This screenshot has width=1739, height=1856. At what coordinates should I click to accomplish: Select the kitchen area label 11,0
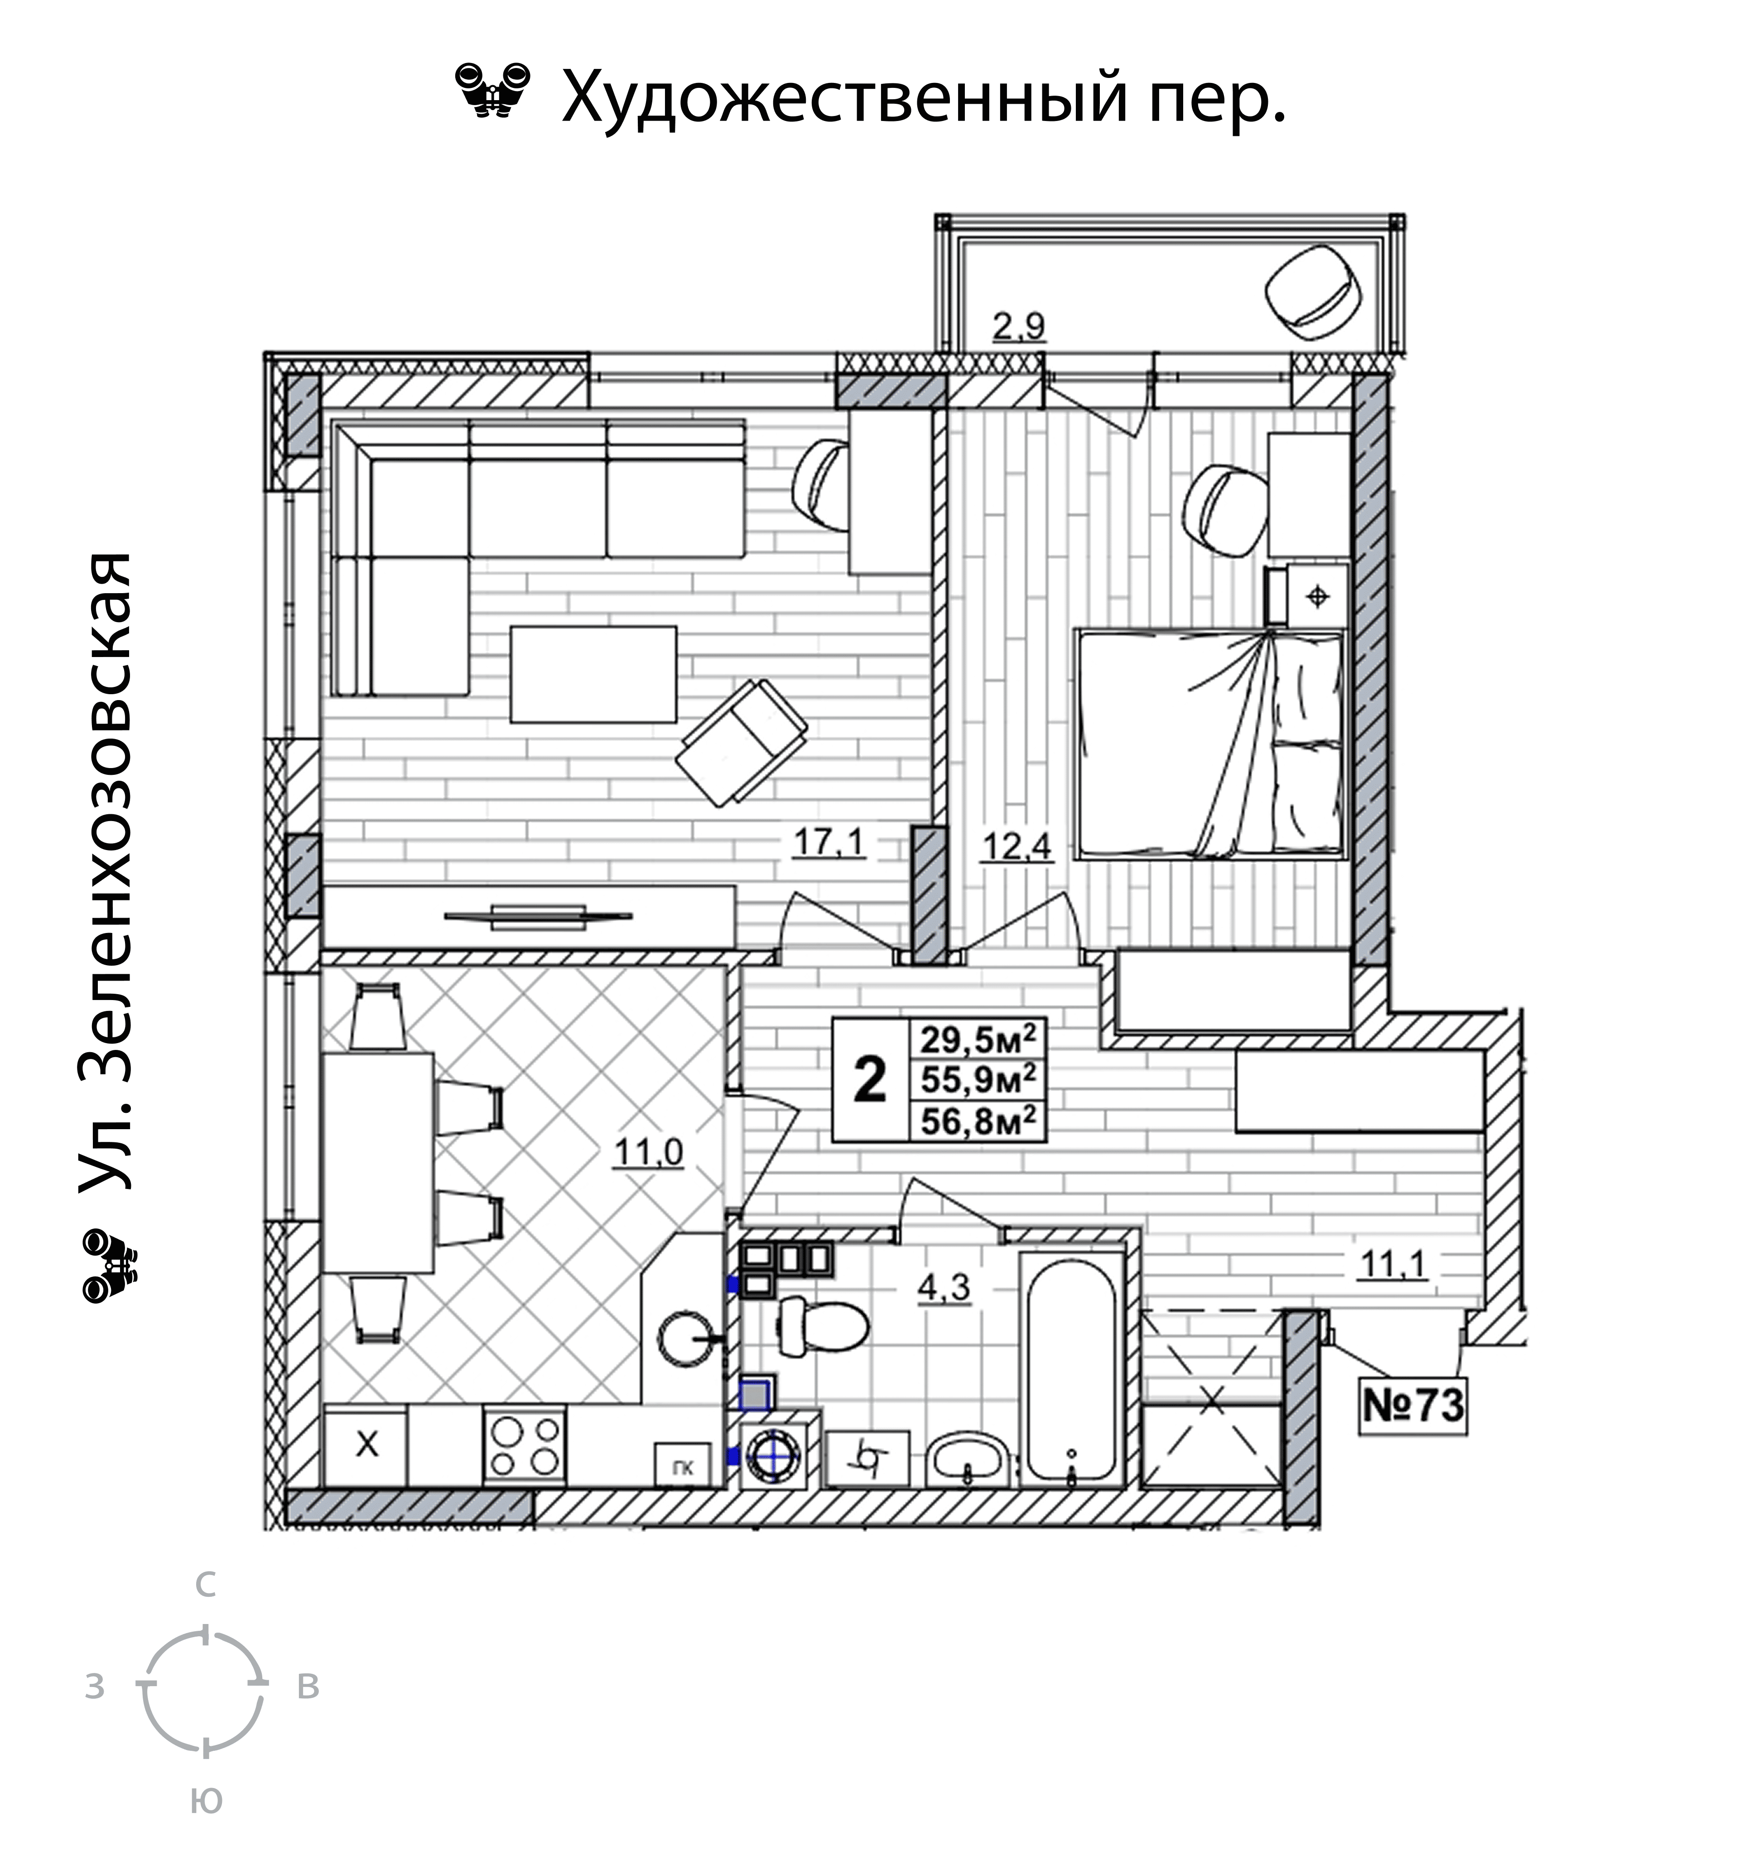point(648,1153)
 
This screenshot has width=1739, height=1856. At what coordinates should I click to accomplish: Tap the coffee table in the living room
point(593,674)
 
